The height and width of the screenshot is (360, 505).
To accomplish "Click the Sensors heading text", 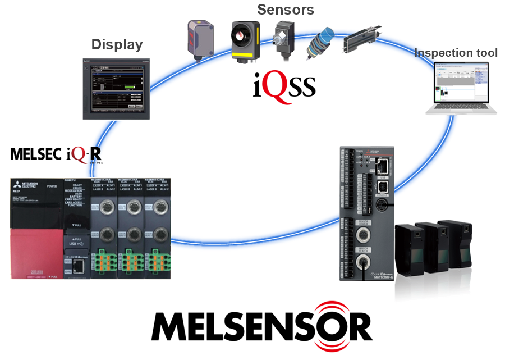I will coord(286,10).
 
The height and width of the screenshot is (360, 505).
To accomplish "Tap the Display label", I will coord(117,44).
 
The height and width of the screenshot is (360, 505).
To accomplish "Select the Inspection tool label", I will coord(456,53).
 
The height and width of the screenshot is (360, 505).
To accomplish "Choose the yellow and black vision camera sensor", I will coord(246,40).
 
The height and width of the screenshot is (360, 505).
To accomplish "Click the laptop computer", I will coord(460,89).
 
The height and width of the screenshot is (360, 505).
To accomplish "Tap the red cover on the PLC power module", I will coord(34,247).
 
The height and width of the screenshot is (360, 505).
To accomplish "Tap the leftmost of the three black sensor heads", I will coord(409,247).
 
